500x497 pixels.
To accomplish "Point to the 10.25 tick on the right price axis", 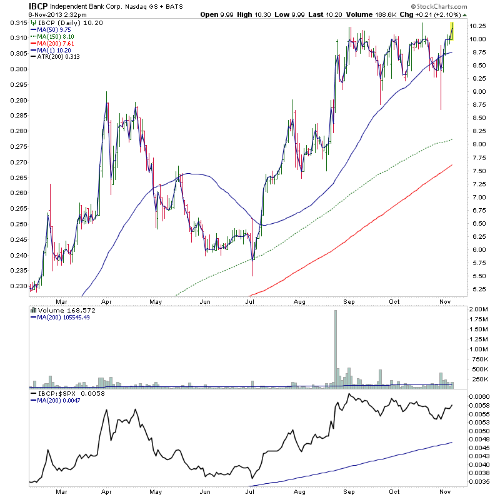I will pyautogui.click(x=479, y=26).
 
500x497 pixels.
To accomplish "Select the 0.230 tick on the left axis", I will pyautogui.click(x=14, y=286).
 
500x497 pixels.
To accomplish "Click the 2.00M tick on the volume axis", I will pyautogui.click(x=482, y=309).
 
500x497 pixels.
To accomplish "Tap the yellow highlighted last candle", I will pyautogui.click(x=451, y=31).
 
